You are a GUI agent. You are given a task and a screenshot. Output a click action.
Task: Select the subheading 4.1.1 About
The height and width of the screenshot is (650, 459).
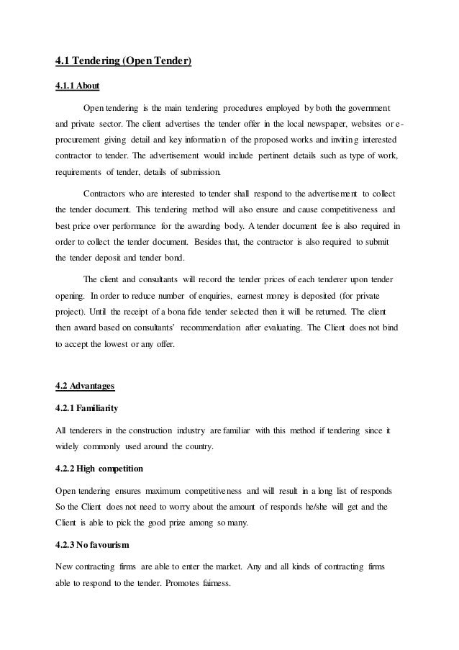coord(78,86)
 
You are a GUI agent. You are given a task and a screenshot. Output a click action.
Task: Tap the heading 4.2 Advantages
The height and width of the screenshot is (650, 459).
coord(84,387)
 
